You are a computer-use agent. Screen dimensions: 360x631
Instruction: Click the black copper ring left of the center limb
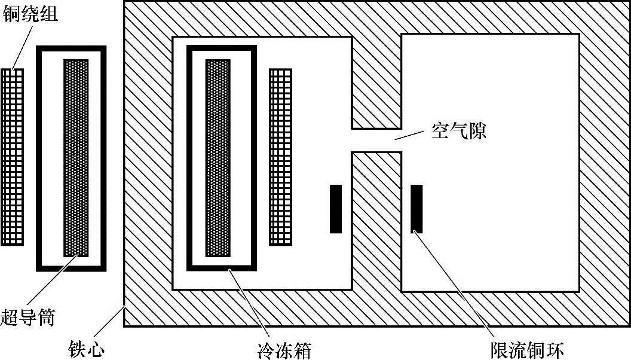336,209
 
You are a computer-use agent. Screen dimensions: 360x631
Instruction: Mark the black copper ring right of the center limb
416,209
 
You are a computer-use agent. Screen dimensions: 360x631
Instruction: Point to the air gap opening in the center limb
376,141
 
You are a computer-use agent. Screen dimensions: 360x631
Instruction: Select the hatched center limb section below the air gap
376,221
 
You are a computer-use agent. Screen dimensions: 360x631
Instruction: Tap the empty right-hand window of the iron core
490,161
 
